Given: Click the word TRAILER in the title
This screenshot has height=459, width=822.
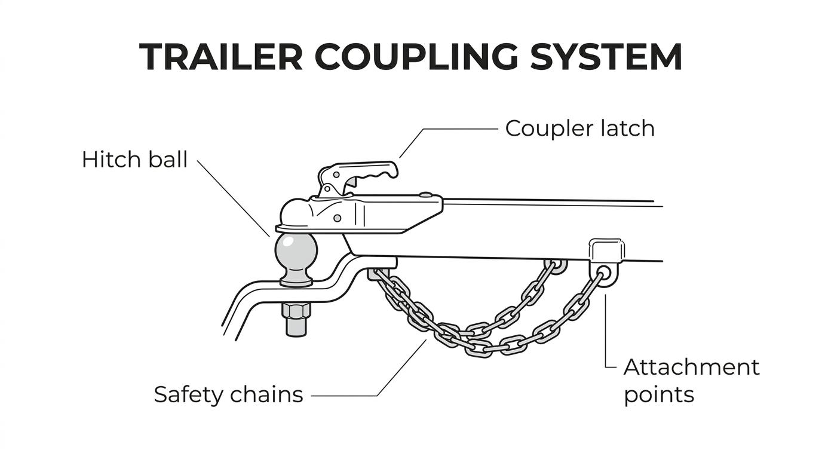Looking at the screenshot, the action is pos(221,57).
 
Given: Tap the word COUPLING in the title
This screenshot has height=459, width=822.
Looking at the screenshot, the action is pos(416,57).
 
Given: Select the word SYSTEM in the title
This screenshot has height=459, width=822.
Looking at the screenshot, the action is pos(606,57).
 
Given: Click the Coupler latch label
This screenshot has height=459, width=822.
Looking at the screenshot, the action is pos(580,129).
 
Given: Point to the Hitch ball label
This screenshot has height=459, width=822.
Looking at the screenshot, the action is pos(134,160).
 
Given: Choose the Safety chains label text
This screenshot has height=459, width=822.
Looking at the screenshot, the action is pos(228,394).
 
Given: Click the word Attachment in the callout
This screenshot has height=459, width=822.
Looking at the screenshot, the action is pos(691,367).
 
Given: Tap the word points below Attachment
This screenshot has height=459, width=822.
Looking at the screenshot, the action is pos(659,395).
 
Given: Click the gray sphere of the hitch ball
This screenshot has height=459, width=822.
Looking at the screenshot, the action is pos(296,253).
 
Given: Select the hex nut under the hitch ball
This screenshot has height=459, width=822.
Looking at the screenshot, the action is pos(296,311).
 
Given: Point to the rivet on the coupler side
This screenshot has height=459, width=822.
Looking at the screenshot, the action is pos(338,219).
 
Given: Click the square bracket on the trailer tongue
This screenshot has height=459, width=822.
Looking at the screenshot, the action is pos(606,250).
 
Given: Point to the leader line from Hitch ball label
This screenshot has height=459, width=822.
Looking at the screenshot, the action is pos(234,198).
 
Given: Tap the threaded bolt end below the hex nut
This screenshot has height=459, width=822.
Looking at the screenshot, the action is pos(296,328).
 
